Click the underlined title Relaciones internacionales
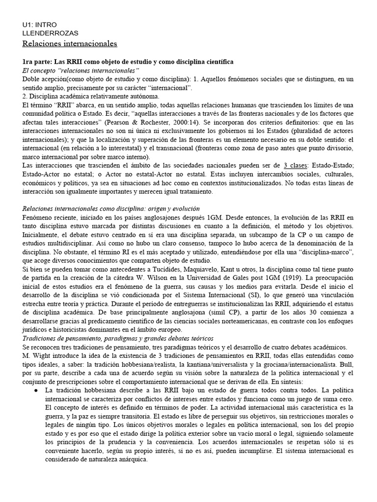pyautogui.click(x=70, y=44)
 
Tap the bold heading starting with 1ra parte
pyautogui.click(x=128, y=62)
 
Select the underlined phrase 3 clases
pyautogui.click(x=296, y=167)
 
